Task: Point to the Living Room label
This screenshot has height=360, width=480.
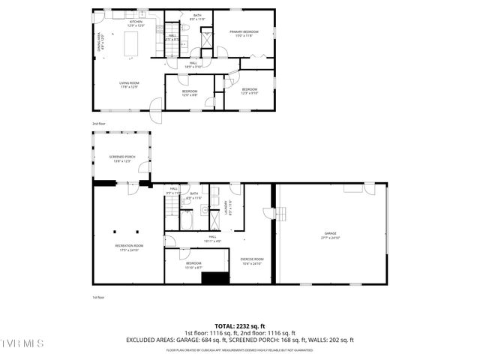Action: (x=129, y=84)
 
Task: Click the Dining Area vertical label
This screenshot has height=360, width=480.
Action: (x=100, y=43)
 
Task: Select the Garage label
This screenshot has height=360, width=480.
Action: (x=331, y=235)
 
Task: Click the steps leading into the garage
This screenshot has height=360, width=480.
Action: (x=280, y=214)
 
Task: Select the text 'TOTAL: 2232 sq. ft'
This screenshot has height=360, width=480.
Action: (x=239, y=326)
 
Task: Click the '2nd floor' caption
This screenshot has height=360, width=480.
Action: (x=99, y=123)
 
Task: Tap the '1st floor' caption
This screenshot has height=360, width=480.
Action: (x=98, y=297)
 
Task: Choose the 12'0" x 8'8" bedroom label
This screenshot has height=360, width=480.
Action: (x=190, y=92)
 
